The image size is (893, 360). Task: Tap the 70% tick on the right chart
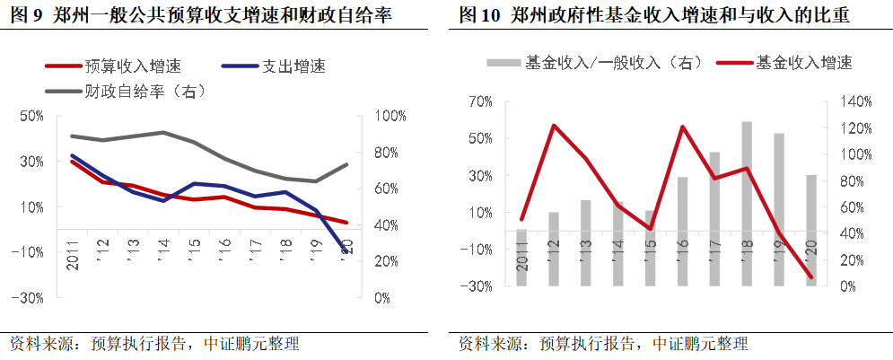tap(481, 101)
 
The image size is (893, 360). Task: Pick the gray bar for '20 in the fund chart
tap(811, 230)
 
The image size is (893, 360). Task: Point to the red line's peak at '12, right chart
tap(554, 126)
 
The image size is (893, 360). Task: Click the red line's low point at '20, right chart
tap(811, 277)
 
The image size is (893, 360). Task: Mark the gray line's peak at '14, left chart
tap(163, 132)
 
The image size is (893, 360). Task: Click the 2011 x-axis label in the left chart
tap(72, 252)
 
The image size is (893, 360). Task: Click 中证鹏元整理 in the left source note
tap(252, 344)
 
